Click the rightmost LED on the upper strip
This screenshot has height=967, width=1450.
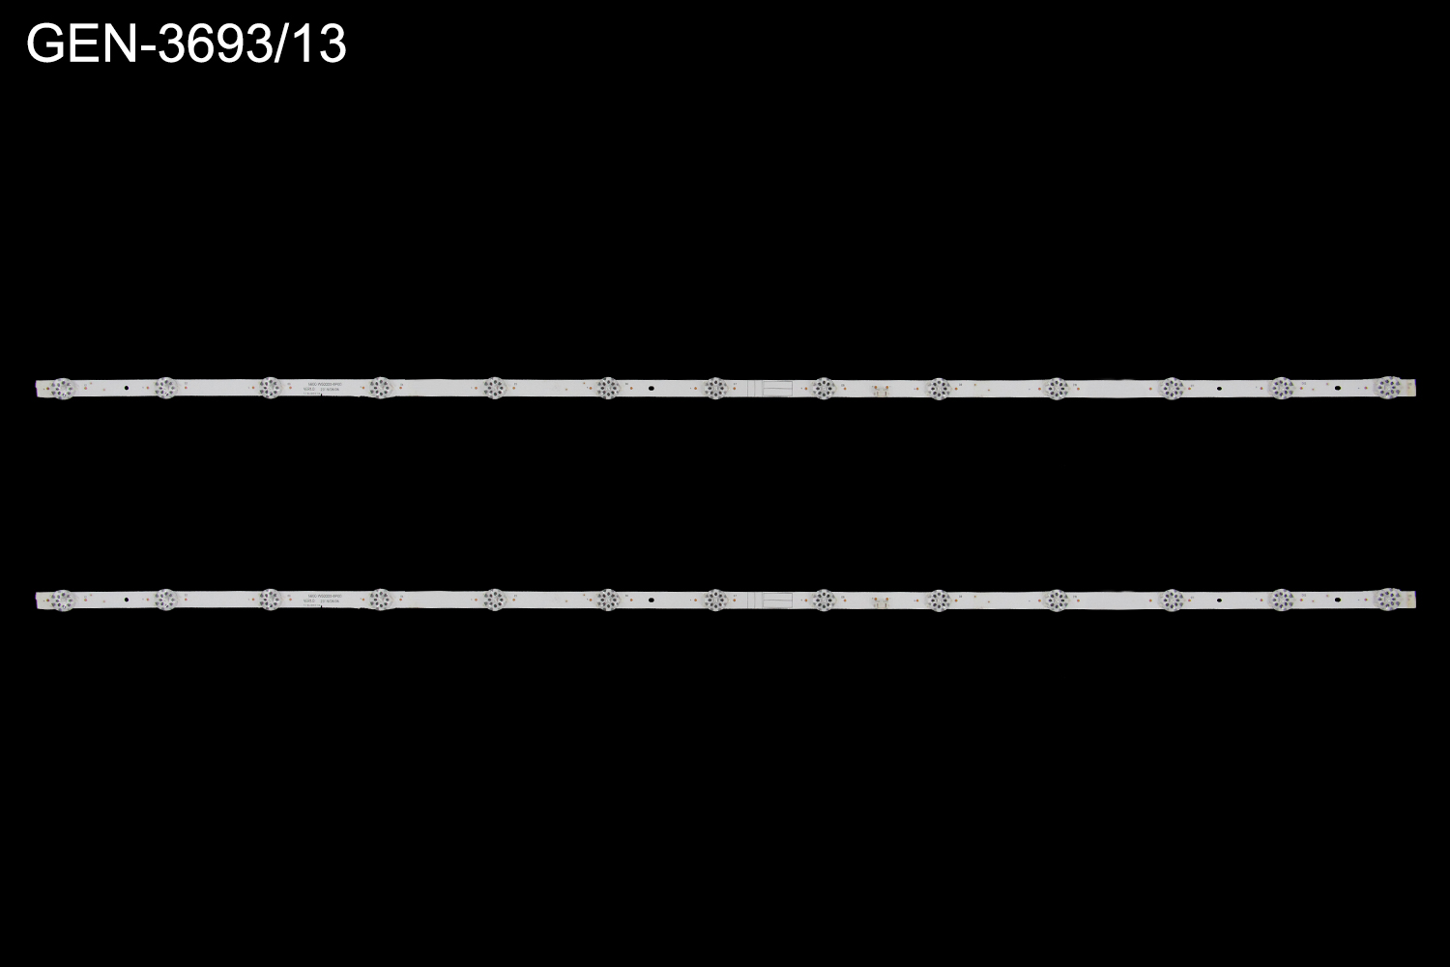(x=1388, y=388)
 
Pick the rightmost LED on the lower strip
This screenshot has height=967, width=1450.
(x=1388, y=600)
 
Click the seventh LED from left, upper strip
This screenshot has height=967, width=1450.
(x=714, y=388)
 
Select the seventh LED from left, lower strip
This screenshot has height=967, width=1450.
(x=714, y=600)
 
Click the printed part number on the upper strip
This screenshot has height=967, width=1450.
(x=325, y=383)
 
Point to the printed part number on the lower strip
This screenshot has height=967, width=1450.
(x=325, y=596)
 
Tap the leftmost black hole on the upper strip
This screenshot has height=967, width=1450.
(x=128, y=389)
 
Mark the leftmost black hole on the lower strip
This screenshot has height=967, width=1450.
(x=128, y=601)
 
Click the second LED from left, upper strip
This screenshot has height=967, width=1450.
(x=165, y=388)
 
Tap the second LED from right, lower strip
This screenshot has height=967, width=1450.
(x=1282, y=600)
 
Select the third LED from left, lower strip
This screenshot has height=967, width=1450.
(x=271, y=600)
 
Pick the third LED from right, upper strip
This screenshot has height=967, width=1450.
(x=1172, y=388)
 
